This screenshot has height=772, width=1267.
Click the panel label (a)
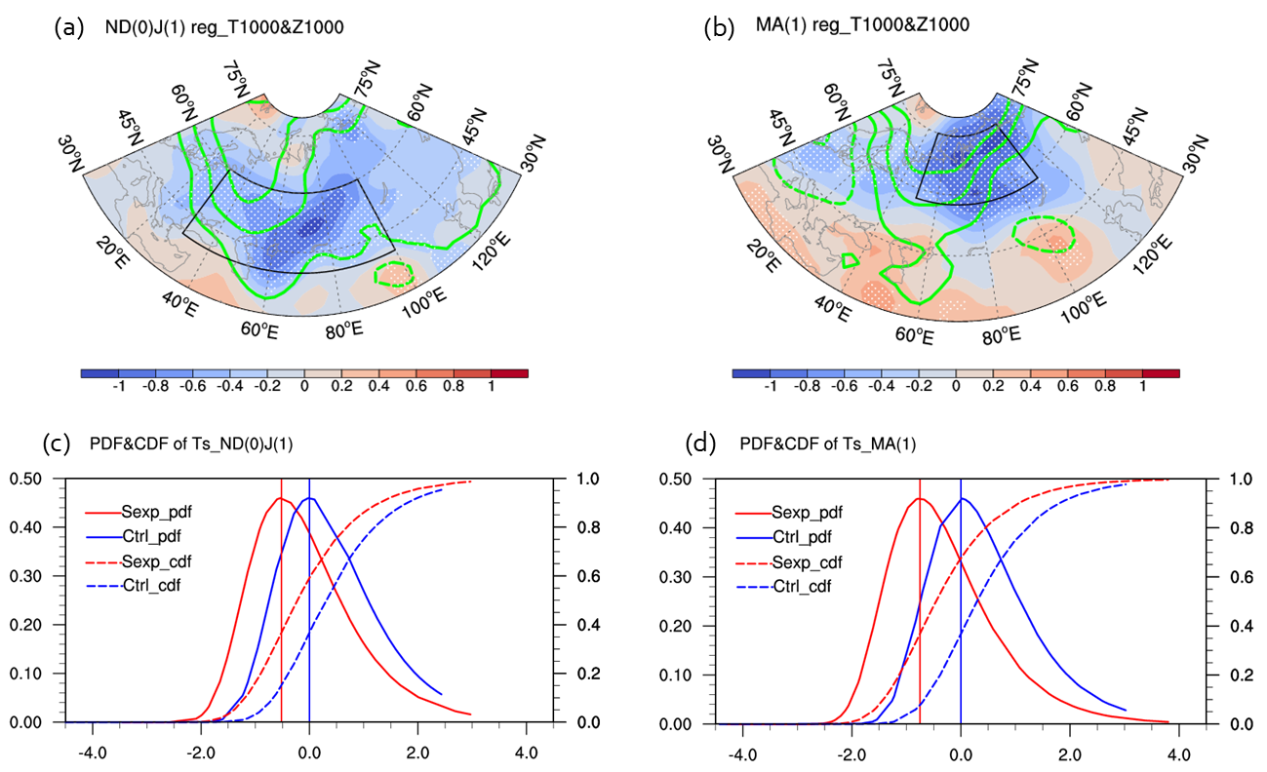54,29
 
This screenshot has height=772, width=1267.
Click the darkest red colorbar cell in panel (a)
509,371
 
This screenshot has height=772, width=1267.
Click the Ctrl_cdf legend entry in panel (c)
151,585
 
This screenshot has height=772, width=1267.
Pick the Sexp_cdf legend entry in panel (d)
806,561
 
